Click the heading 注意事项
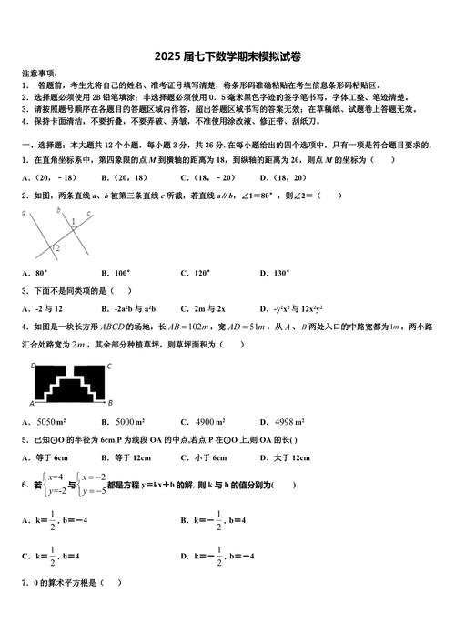click(38, 72)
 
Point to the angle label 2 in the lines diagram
click(56, 247)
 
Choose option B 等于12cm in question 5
click(130, 457)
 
